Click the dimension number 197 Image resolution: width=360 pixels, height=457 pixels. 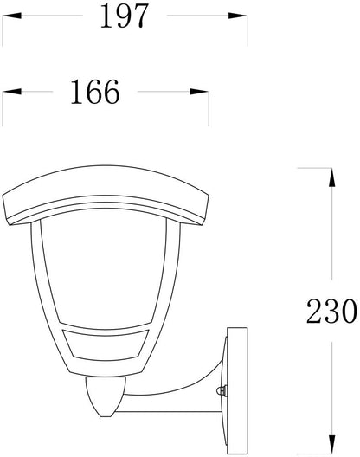coord(125,16)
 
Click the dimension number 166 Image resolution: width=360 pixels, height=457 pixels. coord(95,92)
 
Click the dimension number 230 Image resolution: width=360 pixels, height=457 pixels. coord(331,311)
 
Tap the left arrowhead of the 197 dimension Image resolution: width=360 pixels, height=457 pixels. coord(12,16)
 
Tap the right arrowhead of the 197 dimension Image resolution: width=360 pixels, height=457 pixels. coord(238,16)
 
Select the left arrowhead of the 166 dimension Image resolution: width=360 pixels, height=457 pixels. coord(12,92)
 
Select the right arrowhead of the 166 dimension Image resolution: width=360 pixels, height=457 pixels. coord(199,92)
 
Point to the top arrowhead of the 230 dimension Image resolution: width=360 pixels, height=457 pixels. coord(331,177)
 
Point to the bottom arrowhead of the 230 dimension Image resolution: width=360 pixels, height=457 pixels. coord(331,445)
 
